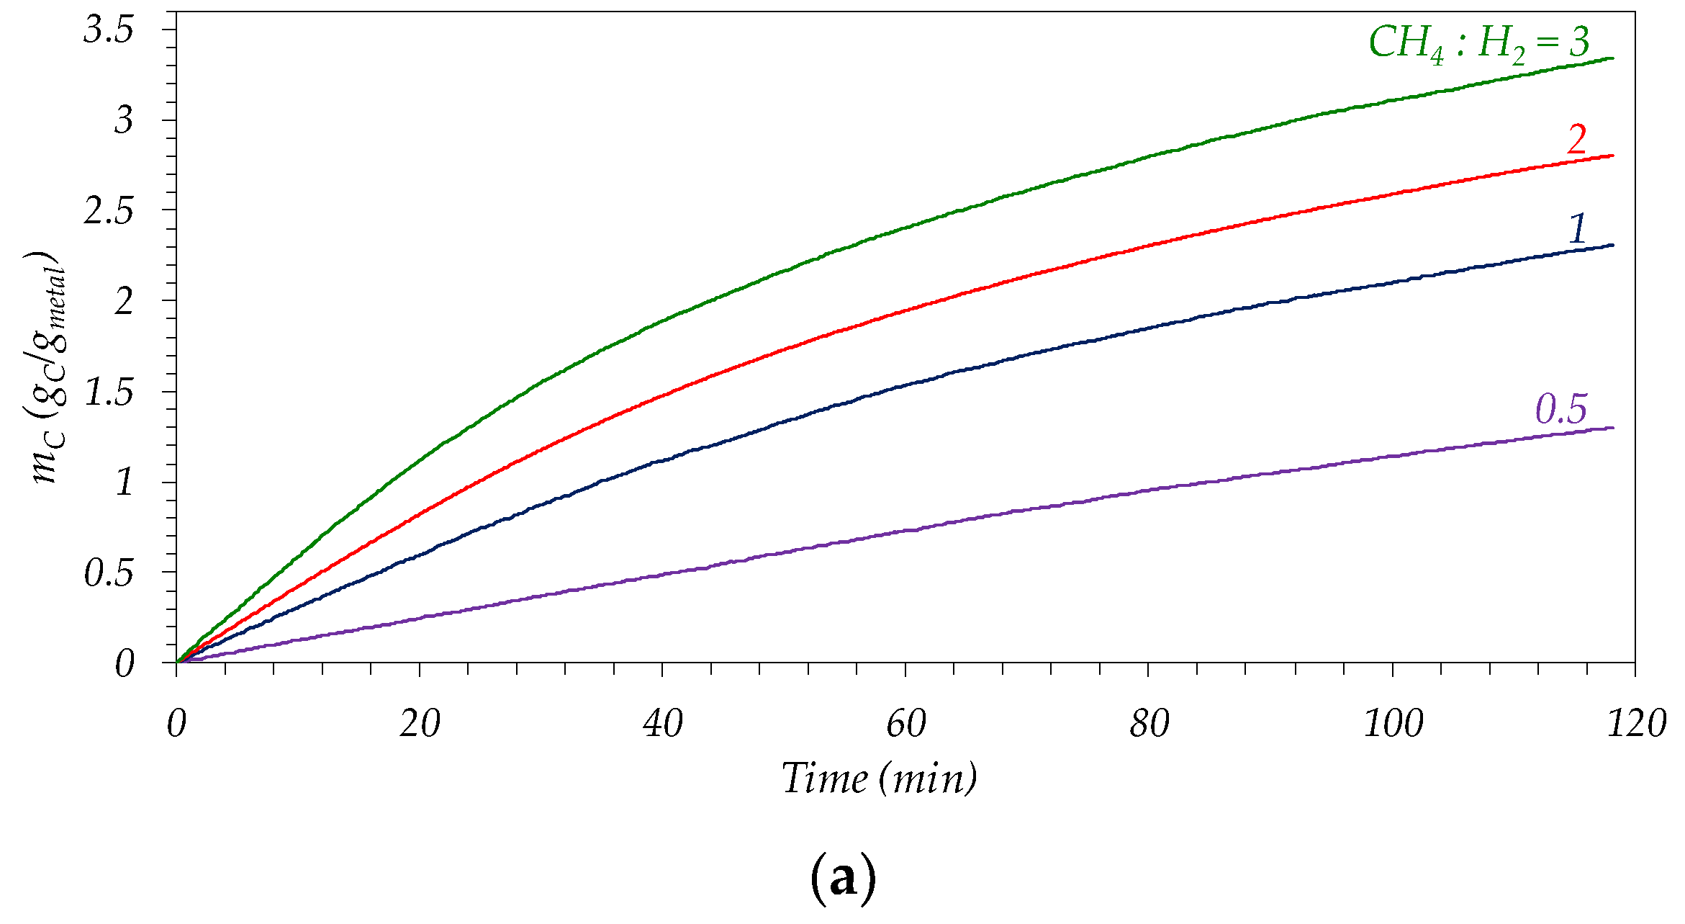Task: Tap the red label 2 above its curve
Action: (1576, 138)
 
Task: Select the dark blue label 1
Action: (1576, 229)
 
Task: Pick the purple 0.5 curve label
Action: (1560, 409)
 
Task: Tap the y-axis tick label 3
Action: (123, 120)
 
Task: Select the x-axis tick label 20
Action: (420, 723)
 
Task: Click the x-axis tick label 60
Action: (905, 723)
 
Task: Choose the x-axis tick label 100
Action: (1393, 723)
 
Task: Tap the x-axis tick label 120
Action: (1636, 723)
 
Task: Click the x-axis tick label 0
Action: (176, 723)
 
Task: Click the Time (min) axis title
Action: (880, 779)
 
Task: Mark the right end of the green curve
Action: (1612, 58)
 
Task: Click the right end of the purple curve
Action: (1612, 429)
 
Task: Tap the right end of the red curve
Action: (1612, 156)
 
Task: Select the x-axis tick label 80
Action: (1149, 723)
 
